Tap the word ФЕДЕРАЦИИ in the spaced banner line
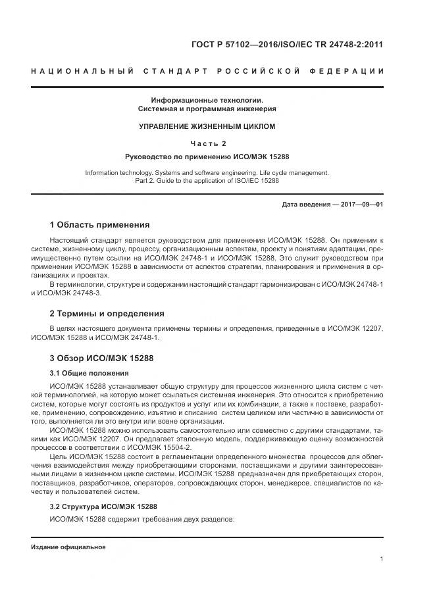[x=351, y=71]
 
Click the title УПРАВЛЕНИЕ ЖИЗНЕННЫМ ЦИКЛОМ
[x=207, y=126]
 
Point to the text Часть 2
[x=207, y=143]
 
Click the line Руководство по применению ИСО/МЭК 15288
[x=207, y=157]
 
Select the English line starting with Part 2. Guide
[x=207, y=180]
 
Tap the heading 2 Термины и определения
[x=107, y=313]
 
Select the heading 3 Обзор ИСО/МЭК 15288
[x=102, y=358]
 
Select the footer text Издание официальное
[x=68, y=547]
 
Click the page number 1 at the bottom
[x=382, y=559]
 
